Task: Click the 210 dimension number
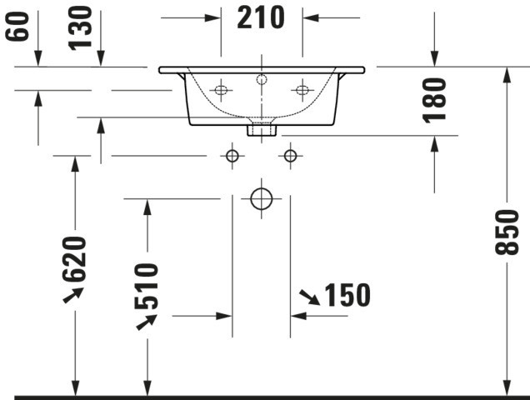261,17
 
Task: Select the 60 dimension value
17,27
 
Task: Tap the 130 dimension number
80,28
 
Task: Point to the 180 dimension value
434,100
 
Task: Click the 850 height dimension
507,232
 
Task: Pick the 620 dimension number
74,259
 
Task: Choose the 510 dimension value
147,286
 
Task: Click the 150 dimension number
347,295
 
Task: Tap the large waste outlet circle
262,199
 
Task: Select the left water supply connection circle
232,156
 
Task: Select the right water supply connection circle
290,156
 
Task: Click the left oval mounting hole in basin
221,90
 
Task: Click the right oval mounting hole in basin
302,90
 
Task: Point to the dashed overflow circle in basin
262,79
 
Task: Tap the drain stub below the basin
262,131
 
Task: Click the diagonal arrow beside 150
310,297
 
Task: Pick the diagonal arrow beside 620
73,295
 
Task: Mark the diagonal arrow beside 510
147,322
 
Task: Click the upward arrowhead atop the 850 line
507,75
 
